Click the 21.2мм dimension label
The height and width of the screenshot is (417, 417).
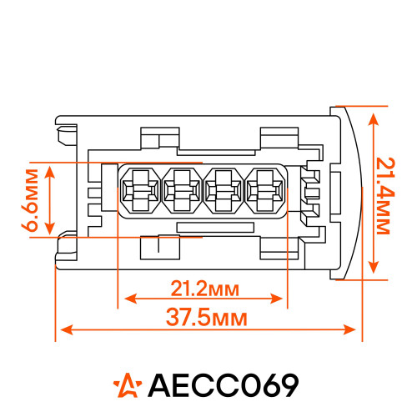tap(204, 289)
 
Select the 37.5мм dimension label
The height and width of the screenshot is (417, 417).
tap(207, 318)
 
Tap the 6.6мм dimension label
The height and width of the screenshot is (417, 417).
tap(29, 200)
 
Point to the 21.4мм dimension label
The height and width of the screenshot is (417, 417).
tap(385, 196)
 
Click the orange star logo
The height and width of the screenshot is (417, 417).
tap(128, 385)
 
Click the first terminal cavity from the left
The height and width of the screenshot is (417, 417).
tap(140, 191)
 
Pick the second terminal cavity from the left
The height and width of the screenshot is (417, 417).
tap(182, 191)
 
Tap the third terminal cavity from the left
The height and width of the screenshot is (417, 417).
tap(224, 191)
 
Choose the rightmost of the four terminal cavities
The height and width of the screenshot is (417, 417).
tap(265, 191)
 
